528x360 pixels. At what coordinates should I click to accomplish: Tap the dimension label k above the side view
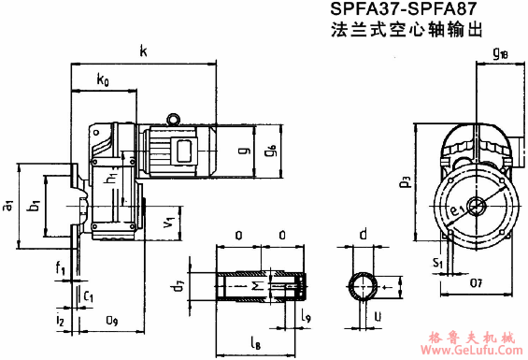[142, 51]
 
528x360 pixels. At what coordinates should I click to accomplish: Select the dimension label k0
[103, 81]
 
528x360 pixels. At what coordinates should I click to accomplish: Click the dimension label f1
[59, 271]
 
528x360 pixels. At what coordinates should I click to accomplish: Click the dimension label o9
[111, 321]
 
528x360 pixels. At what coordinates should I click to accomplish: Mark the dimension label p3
[405, 180]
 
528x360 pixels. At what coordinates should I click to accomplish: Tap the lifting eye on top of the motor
[173, 118]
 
